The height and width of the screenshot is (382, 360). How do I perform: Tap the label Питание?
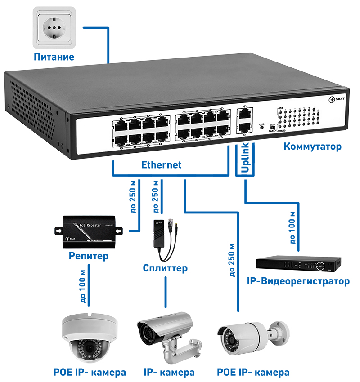point(54,57)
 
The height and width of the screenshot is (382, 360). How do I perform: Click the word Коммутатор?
point(312,147)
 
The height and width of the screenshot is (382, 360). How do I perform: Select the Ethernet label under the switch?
point(161,165)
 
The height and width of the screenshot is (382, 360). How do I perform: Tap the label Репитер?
point(89,257)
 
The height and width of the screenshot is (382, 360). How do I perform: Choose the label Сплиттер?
point(165,269)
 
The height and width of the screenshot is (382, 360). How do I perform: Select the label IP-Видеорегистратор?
point(298,282)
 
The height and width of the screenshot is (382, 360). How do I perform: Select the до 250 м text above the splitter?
point(156,196)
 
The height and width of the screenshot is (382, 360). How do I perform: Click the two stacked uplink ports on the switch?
point(244,119)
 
